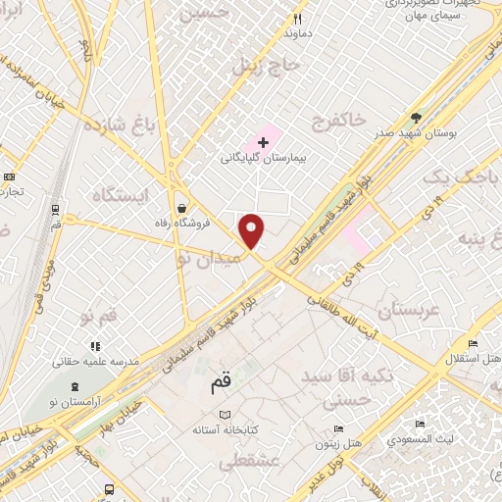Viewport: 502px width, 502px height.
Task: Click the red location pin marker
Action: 253,230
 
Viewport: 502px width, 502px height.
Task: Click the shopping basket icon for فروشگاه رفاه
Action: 182,208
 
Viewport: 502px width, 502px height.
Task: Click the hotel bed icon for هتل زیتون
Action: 339,428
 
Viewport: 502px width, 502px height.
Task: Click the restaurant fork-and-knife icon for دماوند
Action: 298,19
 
